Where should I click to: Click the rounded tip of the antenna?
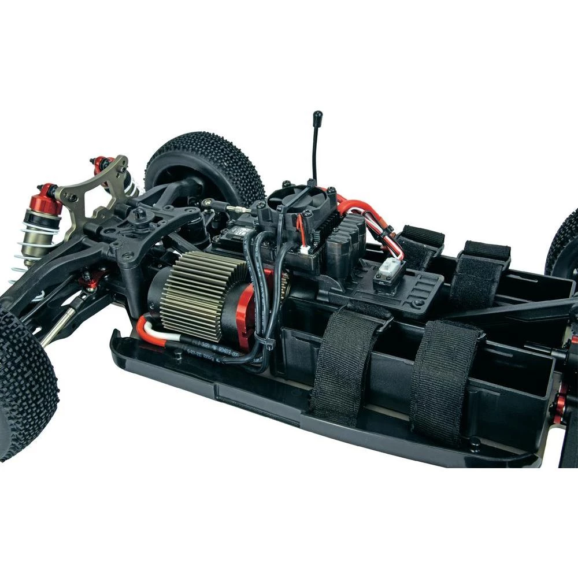(317, 116)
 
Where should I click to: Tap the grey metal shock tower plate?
(92, 197)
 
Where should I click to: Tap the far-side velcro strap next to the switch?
(420, 246)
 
